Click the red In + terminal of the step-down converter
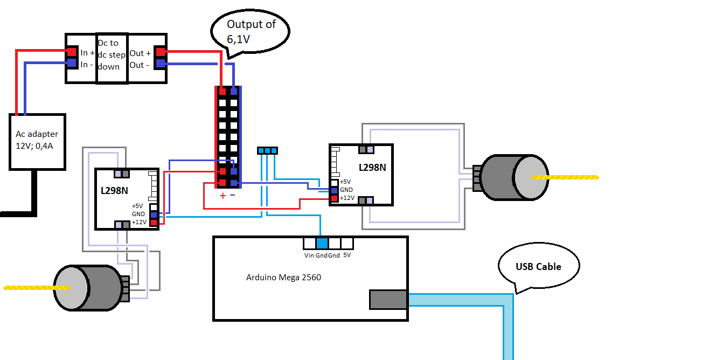coord(71,52)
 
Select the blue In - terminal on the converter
coord(71,63)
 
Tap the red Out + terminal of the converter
coord(160,52)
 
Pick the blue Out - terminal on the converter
coord(160,64)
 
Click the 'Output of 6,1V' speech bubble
coord(250,31)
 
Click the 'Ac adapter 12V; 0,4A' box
coord(37,141)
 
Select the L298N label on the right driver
coord(372,168)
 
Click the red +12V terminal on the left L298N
coord(154,222)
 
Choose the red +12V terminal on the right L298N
coord(335,198)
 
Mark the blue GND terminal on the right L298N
coord(335,190)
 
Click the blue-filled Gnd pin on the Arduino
coord(322,243)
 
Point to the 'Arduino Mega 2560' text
coord(283,278)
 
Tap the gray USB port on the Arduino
coord(388,300)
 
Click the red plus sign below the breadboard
coord(222,195)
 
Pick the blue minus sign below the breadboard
coord(233,195)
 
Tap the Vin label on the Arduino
coord(309,255)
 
